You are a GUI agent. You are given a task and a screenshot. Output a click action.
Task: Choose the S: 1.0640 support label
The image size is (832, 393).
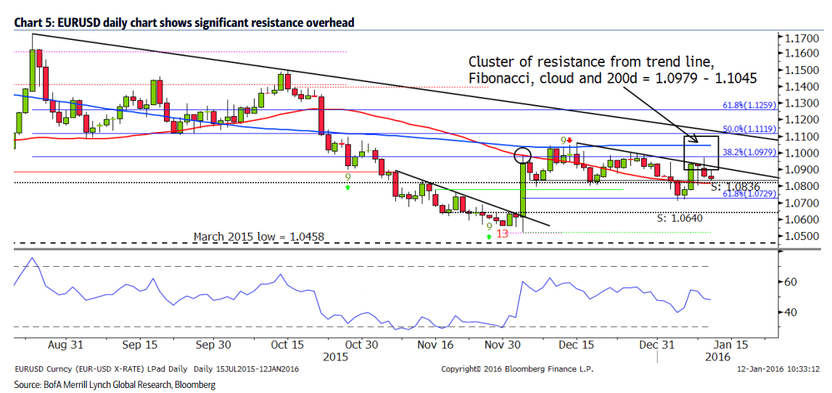[x=680, y=218]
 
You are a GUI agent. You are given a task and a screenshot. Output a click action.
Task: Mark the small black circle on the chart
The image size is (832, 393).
[x=522, y=155]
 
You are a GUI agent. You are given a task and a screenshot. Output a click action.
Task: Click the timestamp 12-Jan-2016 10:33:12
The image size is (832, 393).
[x=778, y=368]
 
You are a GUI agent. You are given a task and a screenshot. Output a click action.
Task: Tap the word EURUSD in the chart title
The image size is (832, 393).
[x=70, y=23]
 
